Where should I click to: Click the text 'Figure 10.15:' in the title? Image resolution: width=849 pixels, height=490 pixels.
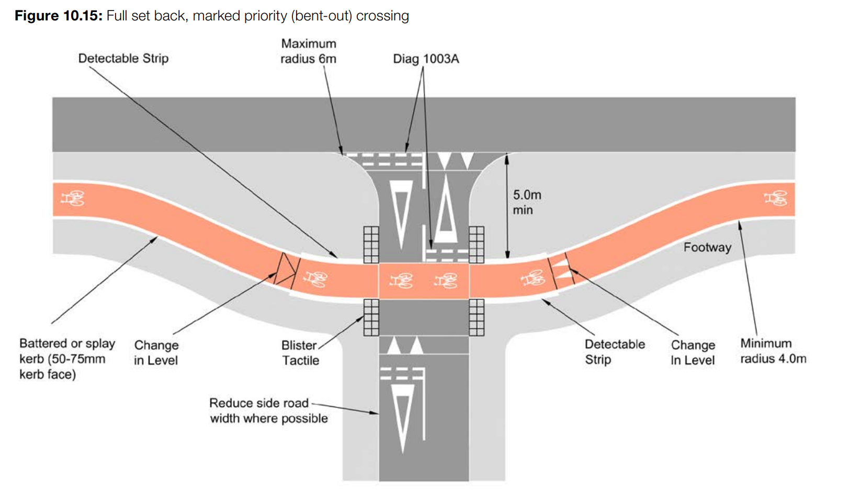(x=58, y=16)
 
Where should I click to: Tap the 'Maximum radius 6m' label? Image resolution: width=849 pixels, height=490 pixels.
(x=308, y=51)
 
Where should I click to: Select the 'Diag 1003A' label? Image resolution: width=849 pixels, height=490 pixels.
(x=426, y=59)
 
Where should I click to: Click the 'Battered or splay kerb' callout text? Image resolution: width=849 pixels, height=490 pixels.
(x=67, y=359)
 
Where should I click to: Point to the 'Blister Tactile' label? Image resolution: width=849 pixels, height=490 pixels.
(x=300, y=353)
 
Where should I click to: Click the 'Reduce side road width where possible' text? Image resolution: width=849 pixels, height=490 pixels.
(x=268, y=411)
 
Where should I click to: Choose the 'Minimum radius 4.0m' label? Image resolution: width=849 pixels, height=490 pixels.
(x=773, y=351)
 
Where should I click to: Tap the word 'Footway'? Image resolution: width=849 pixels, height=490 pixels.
(x=707, y=247)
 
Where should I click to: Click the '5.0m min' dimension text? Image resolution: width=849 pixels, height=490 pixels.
(x=526, y=202)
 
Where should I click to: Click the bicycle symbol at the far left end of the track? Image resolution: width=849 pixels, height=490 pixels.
(x=73, y=199)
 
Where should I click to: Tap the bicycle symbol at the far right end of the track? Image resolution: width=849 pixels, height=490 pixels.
(x=775, y=199)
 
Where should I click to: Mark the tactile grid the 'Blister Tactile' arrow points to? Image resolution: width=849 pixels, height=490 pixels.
(x=371, y=317)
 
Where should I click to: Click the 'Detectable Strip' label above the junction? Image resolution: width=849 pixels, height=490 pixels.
(x=123, y=58)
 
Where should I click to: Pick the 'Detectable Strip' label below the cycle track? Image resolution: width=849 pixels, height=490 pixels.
(x=614, y=351)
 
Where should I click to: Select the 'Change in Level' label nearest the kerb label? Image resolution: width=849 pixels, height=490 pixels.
(x=156, y=352)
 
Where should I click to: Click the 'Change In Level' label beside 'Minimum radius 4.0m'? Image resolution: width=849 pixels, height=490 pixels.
(x=693, y=352)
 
